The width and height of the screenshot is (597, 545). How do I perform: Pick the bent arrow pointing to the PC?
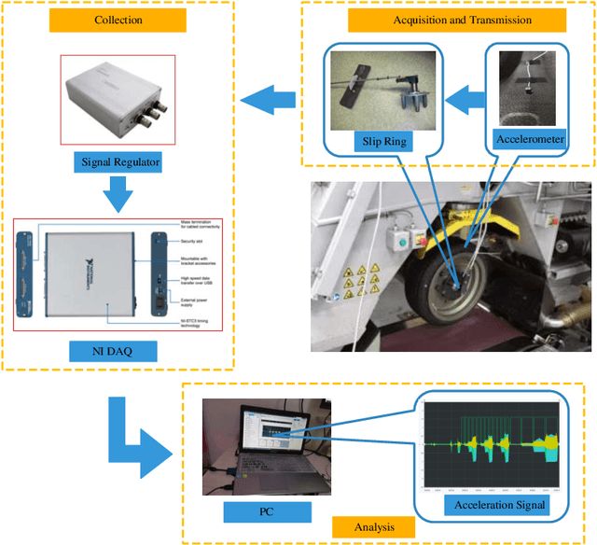[140, 439]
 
